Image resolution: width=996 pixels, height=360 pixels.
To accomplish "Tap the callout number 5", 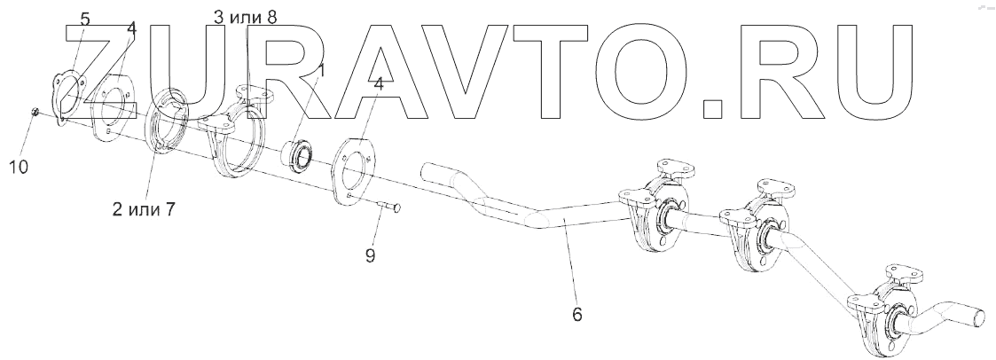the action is pyautogui.click(x=85, y=19).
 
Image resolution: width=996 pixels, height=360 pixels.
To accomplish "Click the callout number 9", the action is pyautogui.click(x=370, y=255).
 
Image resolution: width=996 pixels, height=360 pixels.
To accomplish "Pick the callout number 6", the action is pyautogui.click(x=576, y=314).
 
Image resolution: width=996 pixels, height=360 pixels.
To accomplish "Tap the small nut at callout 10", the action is pyautogui.click(x=33, y=112).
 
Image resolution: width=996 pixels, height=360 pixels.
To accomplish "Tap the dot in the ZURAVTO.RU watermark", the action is pyautogui.click(x=715, y=108).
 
